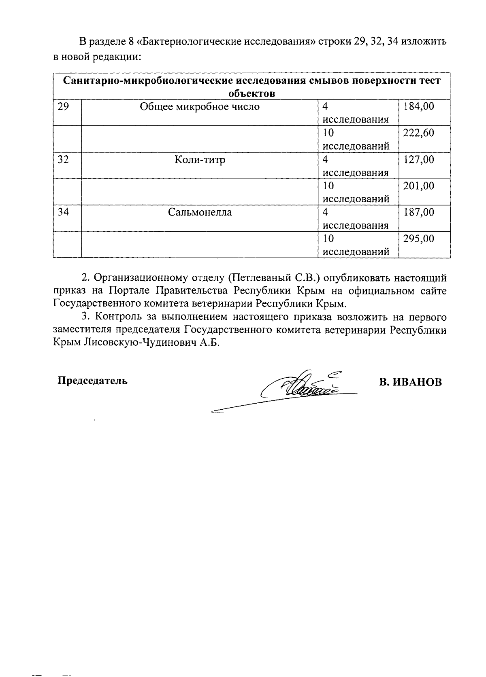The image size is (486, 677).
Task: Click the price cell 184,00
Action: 418,107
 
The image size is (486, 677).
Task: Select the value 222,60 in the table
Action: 418,133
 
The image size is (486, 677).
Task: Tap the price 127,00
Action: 418,159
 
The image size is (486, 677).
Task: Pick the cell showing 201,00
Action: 418,186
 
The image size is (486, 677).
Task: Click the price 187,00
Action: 418,212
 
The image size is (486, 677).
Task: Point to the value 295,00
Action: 418,239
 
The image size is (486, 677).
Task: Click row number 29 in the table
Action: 63,107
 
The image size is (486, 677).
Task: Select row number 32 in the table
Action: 63,159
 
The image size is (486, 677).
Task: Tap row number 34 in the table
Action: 63,212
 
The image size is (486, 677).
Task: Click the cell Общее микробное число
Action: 200,107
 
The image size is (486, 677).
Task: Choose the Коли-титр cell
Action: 200,160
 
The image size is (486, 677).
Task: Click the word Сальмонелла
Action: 200,212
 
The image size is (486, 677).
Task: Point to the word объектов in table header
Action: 252,94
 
